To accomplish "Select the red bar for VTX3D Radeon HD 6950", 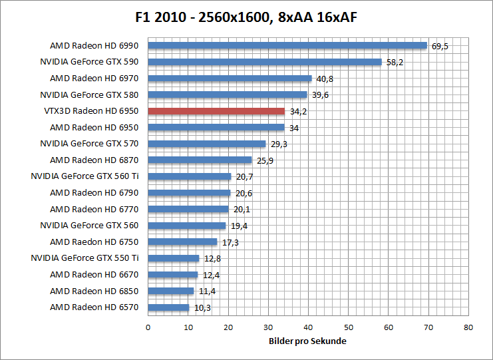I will [216, 111].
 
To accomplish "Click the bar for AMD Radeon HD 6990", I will [287, 46].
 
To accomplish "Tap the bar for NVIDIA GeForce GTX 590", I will [264, 62].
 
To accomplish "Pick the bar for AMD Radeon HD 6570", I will [168, 307].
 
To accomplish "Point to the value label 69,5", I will [440, 47].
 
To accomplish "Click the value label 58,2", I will [395, 63].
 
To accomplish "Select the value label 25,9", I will [265, 160].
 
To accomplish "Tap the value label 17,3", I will [230, 242].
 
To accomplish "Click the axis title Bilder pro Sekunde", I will [308, 341].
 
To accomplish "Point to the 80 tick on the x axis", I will [468, 327].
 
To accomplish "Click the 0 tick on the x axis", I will [148, 327].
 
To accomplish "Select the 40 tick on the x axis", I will [308, 327].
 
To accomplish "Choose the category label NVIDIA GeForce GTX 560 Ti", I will [84, 176].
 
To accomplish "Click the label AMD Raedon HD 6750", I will [94, 242].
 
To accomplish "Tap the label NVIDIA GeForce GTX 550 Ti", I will [84, 258].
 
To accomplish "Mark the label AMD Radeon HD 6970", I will [94, 79].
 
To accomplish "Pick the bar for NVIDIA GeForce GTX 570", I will [206, 144].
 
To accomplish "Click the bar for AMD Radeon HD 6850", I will [170, 291].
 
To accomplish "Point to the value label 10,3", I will [202, 308].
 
